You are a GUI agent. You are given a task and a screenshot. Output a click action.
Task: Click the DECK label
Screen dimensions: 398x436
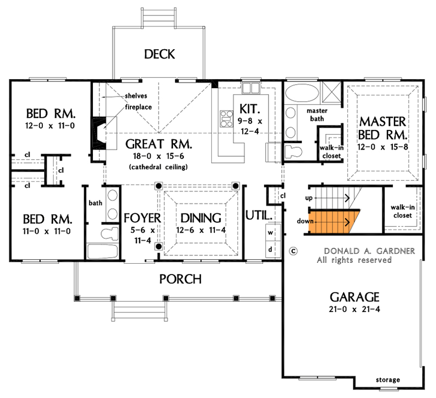pos(160,54)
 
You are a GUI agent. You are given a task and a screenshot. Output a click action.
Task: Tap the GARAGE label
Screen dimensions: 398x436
pos(354,298)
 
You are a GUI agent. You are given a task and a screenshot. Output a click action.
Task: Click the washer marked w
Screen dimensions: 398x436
pos(271,232)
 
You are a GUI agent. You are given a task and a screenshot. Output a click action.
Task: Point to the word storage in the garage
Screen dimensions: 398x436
pos(388,380)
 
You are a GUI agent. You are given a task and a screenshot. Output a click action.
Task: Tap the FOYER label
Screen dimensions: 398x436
pos(142,218)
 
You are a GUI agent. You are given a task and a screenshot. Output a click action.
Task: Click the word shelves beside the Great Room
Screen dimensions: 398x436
pos(136,96)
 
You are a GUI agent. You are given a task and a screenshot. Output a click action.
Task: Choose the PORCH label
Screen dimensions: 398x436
pos(180,279)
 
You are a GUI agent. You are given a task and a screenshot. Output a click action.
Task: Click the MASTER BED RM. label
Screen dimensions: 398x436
pos(383,128)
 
